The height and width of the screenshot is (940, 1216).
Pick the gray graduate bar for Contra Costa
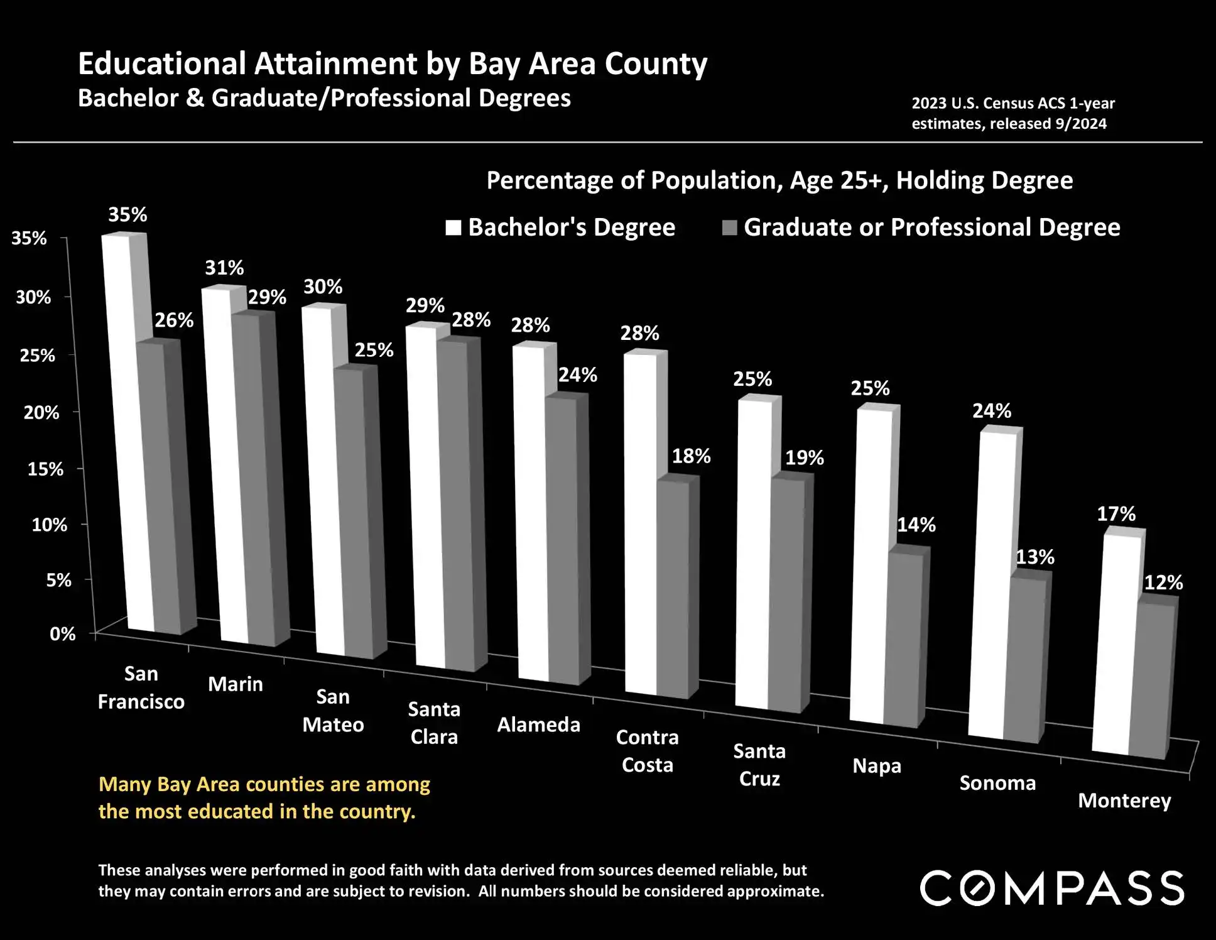coord(673,587)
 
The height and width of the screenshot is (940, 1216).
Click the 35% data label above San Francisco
coord(128,215)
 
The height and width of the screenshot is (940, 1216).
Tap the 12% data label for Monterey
coord(1163,582)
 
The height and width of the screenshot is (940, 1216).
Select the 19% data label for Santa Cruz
coord(804,457)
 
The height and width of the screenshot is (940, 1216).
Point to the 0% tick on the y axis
coord(62,634)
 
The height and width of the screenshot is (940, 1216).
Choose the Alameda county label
coord(538,724)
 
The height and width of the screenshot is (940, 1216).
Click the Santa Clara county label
coord(434,723)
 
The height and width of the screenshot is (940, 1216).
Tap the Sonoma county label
coord(997,783)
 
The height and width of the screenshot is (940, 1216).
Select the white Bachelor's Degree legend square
coord(453,227)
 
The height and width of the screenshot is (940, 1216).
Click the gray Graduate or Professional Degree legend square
coord(729,227)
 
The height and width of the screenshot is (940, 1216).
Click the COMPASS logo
coord(1052,888)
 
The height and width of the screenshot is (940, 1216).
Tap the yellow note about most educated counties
coord(264,797)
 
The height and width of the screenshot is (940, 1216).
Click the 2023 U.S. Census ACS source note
coord(1012,113)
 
